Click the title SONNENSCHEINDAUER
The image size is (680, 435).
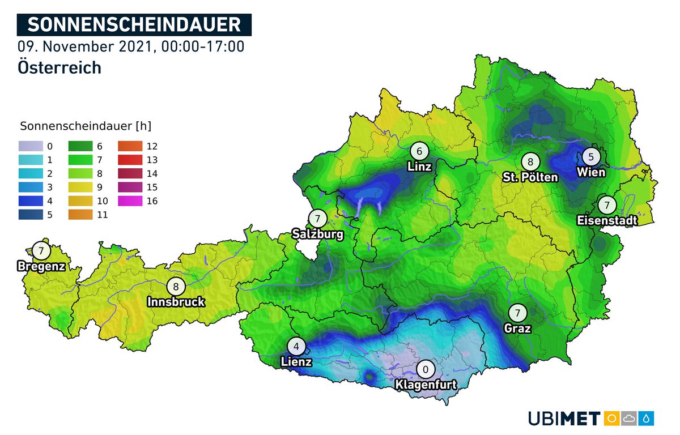(134, 25)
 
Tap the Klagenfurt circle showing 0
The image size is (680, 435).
(425, 370)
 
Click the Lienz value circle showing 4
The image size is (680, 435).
(295, 346)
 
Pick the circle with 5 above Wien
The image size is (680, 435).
(590, 156)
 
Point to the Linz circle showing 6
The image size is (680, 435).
(419, 151)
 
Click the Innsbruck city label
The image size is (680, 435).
(176, 302)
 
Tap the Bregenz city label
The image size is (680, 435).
(41, 266)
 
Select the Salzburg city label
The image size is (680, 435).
(317, 234)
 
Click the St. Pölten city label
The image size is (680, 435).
(530, 177)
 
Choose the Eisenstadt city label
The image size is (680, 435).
(607, 220)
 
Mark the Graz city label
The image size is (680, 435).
(517, 328)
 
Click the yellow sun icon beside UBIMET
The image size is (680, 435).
(612, 419)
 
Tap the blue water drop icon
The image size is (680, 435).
(646, 419)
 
